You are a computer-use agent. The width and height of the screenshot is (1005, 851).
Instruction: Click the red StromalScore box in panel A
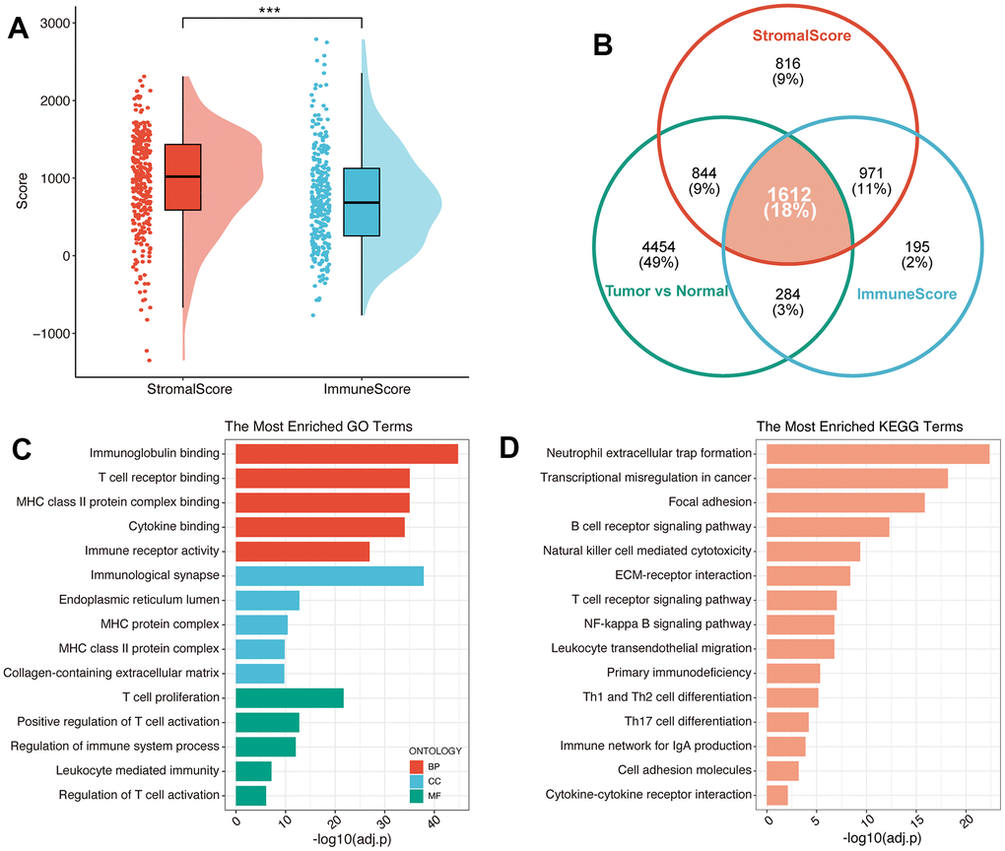point(183,177)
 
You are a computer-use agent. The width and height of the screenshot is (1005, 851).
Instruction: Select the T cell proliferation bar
point(290,697)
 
